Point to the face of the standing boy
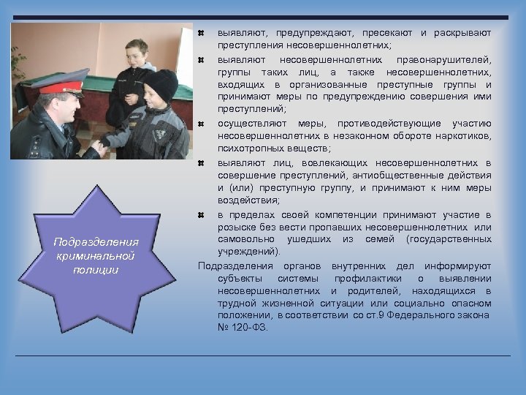pyautogui.click(x=136, y=54)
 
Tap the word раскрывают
pyautogui.click(x=462, y=33)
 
